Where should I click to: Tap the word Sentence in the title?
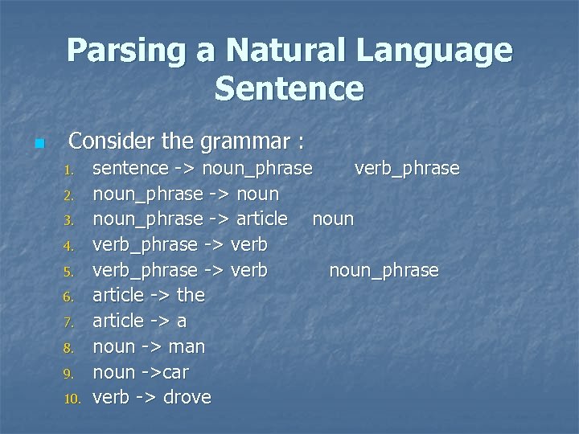[289, 88]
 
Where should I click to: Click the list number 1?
[69, 170]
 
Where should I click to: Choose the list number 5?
[69, 272]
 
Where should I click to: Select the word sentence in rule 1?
[130, 169]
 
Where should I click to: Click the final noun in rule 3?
[333, 219]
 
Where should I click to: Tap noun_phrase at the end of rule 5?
[384, 270]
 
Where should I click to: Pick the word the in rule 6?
[191, 295]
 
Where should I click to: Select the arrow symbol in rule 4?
[213, 244]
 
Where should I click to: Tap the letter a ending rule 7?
[182, 321]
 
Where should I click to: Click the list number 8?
[69, 348]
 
